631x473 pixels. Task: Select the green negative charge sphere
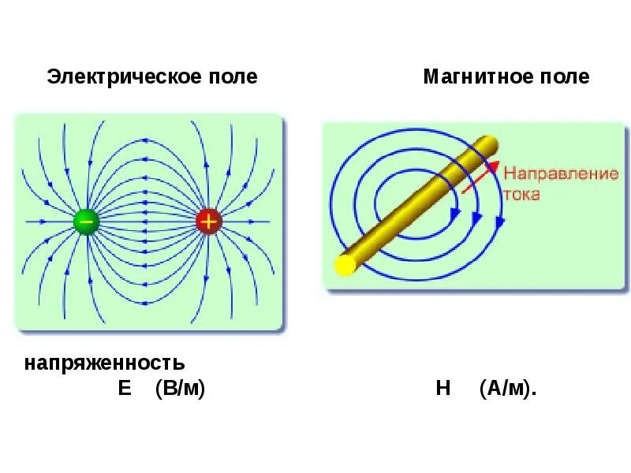pos(86,222)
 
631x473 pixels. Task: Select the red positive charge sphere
pos(208,222)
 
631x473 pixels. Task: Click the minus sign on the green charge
pos(86,222)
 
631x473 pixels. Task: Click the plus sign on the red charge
pos(208,222)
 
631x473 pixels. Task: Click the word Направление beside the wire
pos(561,174)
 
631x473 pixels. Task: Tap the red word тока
pos(522,193)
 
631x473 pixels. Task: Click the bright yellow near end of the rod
pos(345,266)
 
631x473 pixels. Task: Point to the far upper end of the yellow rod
pos(491,143)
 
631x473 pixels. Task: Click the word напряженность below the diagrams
pos(105,363)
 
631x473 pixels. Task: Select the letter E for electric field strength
pos(125,389)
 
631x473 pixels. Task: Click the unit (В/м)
pos(180,389)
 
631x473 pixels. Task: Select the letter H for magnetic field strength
pos(442,389)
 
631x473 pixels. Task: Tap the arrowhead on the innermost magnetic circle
pos(454,213)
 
